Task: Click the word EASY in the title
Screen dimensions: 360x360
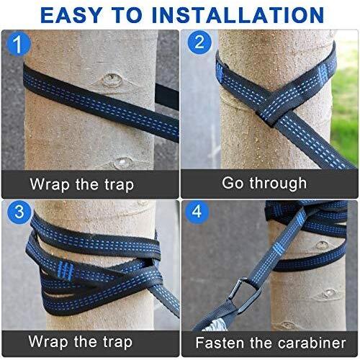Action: [71, 15]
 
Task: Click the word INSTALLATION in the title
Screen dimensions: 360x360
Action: [238, 15]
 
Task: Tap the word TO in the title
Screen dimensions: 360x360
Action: [127, 15]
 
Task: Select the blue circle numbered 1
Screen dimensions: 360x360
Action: [19, 44]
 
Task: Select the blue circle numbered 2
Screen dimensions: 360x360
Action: [199, 42]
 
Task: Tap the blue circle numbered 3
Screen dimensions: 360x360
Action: [19, 212]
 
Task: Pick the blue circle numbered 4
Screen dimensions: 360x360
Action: [197, 212]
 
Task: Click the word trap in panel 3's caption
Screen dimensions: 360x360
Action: [117, 342]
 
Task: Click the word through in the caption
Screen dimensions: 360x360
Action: [278, 184]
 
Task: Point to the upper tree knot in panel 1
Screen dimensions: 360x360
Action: [110, 78]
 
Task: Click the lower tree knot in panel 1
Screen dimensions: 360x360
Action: [123, 163]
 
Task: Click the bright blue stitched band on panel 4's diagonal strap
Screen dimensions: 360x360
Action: [278, 250]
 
